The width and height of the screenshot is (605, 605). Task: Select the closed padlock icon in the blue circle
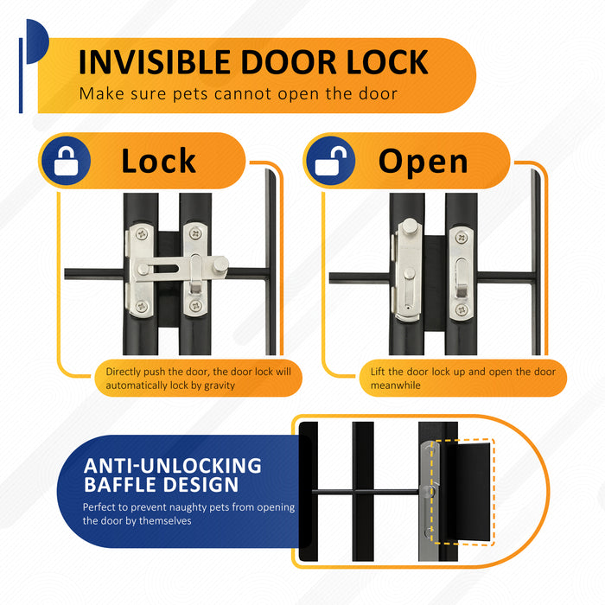66,162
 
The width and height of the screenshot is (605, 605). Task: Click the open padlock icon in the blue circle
331,162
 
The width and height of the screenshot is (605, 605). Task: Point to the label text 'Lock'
158,161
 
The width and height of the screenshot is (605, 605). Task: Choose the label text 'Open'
423,162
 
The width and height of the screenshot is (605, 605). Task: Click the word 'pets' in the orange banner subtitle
190,94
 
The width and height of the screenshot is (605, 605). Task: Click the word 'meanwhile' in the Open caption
396,385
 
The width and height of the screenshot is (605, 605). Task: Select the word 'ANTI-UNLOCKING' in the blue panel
173,466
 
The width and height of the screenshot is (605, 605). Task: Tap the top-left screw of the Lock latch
142,234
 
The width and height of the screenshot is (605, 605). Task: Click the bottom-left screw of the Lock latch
141,306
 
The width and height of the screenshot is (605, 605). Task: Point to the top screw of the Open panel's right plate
462,238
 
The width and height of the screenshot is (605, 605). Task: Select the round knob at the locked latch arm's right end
220,264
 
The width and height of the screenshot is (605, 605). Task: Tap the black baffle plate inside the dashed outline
465,492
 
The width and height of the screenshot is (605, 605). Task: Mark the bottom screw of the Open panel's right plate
462,309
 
